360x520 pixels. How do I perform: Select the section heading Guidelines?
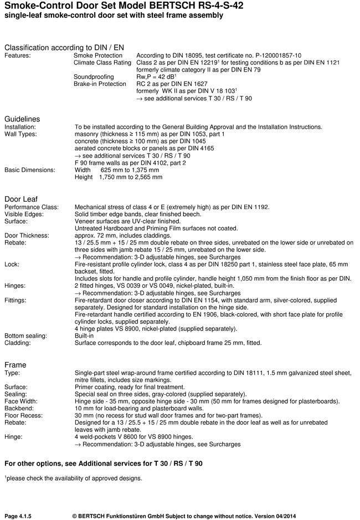point(22,119)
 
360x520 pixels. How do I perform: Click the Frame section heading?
point(15,365)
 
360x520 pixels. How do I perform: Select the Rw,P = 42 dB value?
point(156,77)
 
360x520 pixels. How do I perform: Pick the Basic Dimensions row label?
point(30,170)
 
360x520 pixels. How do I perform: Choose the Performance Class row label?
point(32,207)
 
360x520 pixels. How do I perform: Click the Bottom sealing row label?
point(25,336)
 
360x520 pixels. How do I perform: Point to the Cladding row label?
point(18,343)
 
